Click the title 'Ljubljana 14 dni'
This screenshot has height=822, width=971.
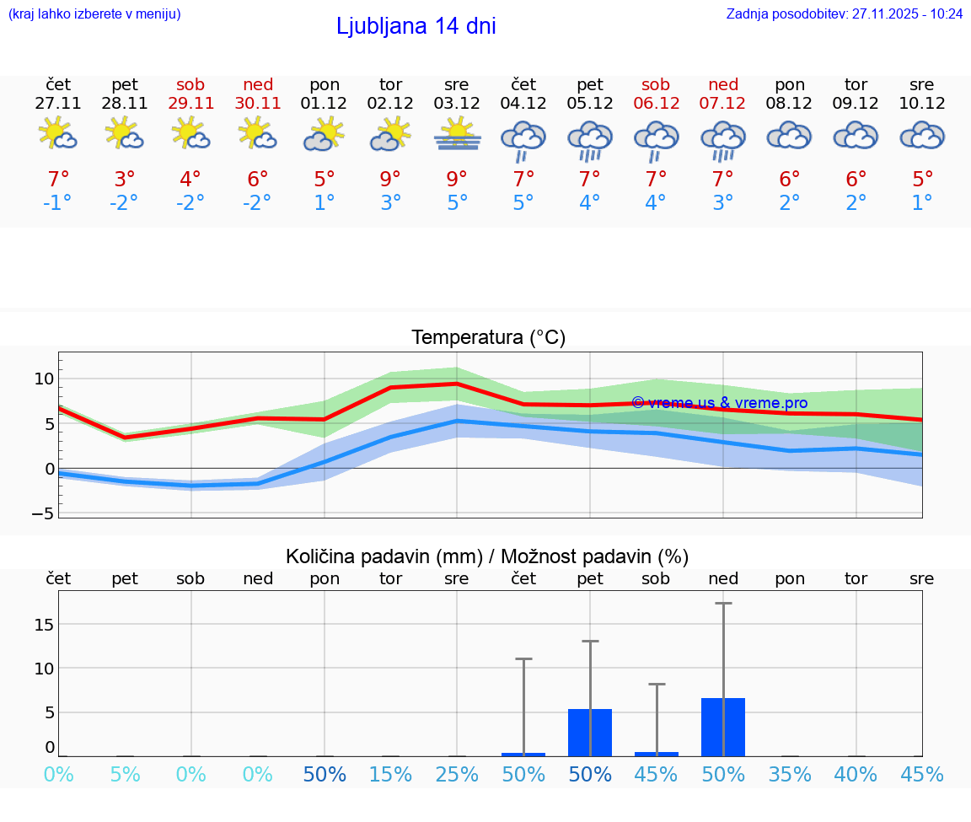click(416, 26)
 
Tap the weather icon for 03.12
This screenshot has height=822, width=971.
click(458, 134)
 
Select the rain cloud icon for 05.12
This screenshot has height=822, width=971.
click(589, 140)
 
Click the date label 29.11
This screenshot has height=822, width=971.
click(190, 103)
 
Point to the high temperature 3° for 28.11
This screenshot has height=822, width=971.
click(125, 179)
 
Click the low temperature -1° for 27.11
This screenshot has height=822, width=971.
click(58, 202)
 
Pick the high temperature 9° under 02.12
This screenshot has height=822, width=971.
click(390, 179)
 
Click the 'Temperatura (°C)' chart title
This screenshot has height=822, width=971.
click(488, 338)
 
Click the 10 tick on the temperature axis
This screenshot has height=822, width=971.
click(44, 379)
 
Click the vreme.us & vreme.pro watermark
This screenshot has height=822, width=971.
click(719, 403)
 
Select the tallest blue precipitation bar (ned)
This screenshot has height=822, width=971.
click(723, 727)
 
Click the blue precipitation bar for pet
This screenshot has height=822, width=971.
click(590, 732)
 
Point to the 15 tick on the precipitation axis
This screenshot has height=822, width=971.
click(44, 624)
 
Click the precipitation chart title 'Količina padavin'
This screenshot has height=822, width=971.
click(487, 556)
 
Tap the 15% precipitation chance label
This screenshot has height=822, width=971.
click(391, 774)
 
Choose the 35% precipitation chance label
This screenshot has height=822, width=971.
click(790, 774)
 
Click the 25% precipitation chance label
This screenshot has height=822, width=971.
click(458, 774)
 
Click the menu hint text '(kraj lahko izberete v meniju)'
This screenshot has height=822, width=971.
click(94, 13)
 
